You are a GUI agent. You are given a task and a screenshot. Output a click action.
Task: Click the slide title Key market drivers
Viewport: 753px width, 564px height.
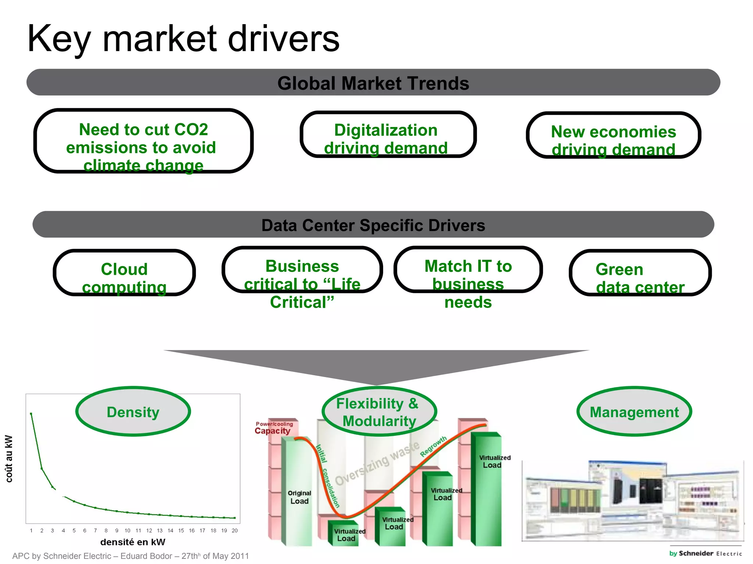point(183,39)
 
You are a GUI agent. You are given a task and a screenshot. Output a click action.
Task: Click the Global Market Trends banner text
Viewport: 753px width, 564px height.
point(373,83)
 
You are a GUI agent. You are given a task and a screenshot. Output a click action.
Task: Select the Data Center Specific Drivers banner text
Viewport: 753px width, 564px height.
point(373,225)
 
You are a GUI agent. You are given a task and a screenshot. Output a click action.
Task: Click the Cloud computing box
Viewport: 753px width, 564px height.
point(124,272)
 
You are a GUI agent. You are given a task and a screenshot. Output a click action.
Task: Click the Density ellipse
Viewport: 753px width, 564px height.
point(133,412)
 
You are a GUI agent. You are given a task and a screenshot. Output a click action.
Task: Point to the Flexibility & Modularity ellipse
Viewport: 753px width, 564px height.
point(379,412)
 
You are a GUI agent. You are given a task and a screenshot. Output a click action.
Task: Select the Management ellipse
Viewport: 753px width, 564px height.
point(634,412)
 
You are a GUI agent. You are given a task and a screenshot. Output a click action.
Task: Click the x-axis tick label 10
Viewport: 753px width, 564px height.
point(127,531)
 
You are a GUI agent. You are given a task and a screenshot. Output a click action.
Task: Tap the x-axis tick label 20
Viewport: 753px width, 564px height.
point(235,531)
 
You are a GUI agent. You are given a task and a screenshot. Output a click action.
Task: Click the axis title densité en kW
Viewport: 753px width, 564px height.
point(133,542)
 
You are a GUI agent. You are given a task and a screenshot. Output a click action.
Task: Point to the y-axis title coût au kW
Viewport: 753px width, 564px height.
point(9,459)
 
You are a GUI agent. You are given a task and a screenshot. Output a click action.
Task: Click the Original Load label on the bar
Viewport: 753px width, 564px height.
point(299,497)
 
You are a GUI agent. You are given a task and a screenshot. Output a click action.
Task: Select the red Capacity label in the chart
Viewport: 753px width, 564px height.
point(272,431)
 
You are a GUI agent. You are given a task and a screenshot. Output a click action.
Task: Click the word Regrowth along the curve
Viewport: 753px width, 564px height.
point(433,446)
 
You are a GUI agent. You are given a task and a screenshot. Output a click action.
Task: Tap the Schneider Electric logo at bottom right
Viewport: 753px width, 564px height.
point(705,553)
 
